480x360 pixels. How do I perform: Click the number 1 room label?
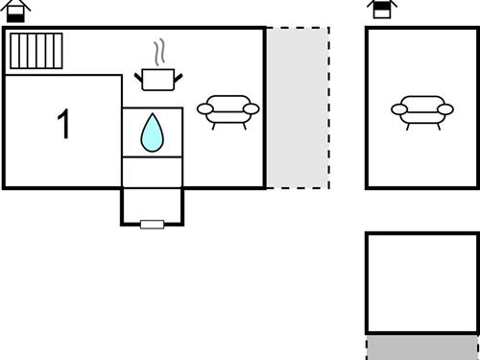(64, 125)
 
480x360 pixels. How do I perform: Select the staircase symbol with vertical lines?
(36, 51)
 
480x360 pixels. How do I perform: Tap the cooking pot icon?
(156, 79)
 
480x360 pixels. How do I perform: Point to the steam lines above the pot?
(161, 51)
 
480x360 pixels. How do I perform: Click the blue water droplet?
(152, 133)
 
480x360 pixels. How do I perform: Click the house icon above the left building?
(16, 11)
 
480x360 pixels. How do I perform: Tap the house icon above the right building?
(381, 10)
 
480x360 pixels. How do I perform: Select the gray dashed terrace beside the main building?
(297, 107)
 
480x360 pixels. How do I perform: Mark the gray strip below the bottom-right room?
(421, 347)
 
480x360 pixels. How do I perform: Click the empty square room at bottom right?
(421, 282)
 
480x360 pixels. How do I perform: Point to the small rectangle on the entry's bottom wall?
(152, 224)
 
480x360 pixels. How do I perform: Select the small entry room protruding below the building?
(152, 204)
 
